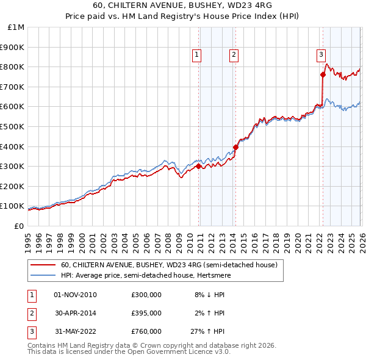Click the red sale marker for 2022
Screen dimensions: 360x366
323,74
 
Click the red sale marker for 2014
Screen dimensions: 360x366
235,147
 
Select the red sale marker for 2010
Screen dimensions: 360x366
198,166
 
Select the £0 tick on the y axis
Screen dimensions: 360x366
18,226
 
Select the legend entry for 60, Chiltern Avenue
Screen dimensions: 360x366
168,265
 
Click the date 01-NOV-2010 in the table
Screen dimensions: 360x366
76,295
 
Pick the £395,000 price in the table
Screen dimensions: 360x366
146,313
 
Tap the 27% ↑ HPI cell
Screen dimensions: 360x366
209,331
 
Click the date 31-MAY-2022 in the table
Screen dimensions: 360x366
76,331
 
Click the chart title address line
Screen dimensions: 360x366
183,7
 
